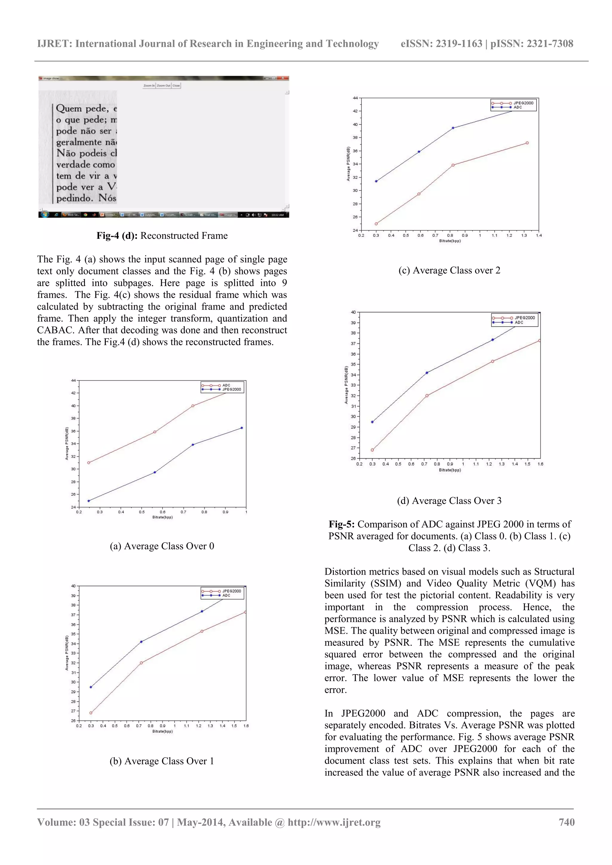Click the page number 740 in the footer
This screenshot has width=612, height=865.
[x=566, y=822]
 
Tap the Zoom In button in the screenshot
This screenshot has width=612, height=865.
[x=149, y=85]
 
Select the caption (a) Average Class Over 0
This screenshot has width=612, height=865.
[x=162, y=546]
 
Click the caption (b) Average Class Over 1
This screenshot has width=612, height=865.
[x=162, y=761]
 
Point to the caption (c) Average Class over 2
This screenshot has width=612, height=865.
[x=449, y=270]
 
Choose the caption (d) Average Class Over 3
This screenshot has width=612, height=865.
[x=449, y=501]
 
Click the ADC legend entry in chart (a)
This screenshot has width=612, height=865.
[x=226, y=385]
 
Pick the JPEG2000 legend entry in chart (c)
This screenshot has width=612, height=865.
[x=523, y=103]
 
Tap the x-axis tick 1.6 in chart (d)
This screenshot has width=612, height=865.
[x=540, y=464]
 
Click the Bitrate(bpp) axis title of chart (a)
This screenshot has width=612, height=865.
[x=163, y=517]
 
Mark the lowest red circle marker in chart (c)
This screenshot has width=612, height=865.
[x=376, y=224]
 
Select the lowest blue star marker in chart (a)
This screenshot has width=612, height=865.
[x=89, y=501]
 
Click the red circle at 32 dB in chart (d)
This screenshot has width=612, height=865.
[x=427, y=396]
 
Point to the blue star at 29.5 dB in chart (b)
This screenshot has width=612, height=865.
[x=91, y=687]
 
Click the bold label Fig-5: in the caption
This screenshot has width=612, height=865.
[x=341, y=524]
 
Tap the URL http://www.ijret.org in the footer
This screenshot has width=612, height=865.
[x=334, y=822]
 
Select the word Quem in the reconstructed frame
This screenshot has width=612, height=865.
[x=69, y=108]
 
